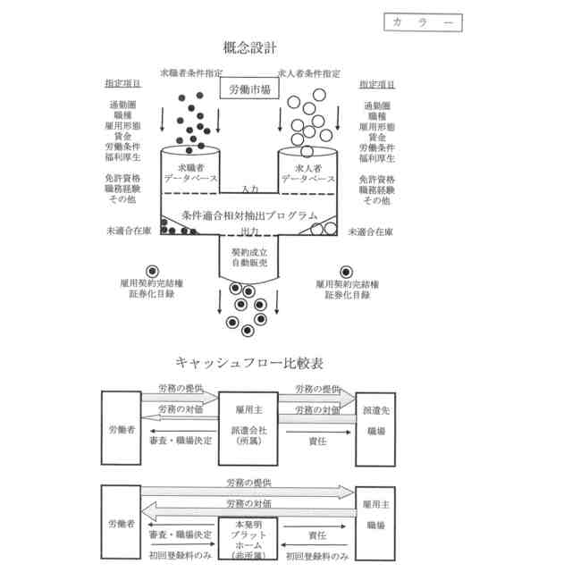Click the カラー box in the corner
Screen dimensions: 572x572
(423, 21)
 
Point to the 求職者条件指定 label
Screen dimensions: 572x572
(190, 73)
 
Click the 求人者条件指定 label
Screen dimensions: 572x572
(308, 73)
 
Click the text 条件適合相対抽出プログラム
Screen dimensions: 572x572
(249, 215)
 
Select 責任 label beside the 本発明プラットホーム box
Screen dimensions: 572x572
(316, 536)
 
